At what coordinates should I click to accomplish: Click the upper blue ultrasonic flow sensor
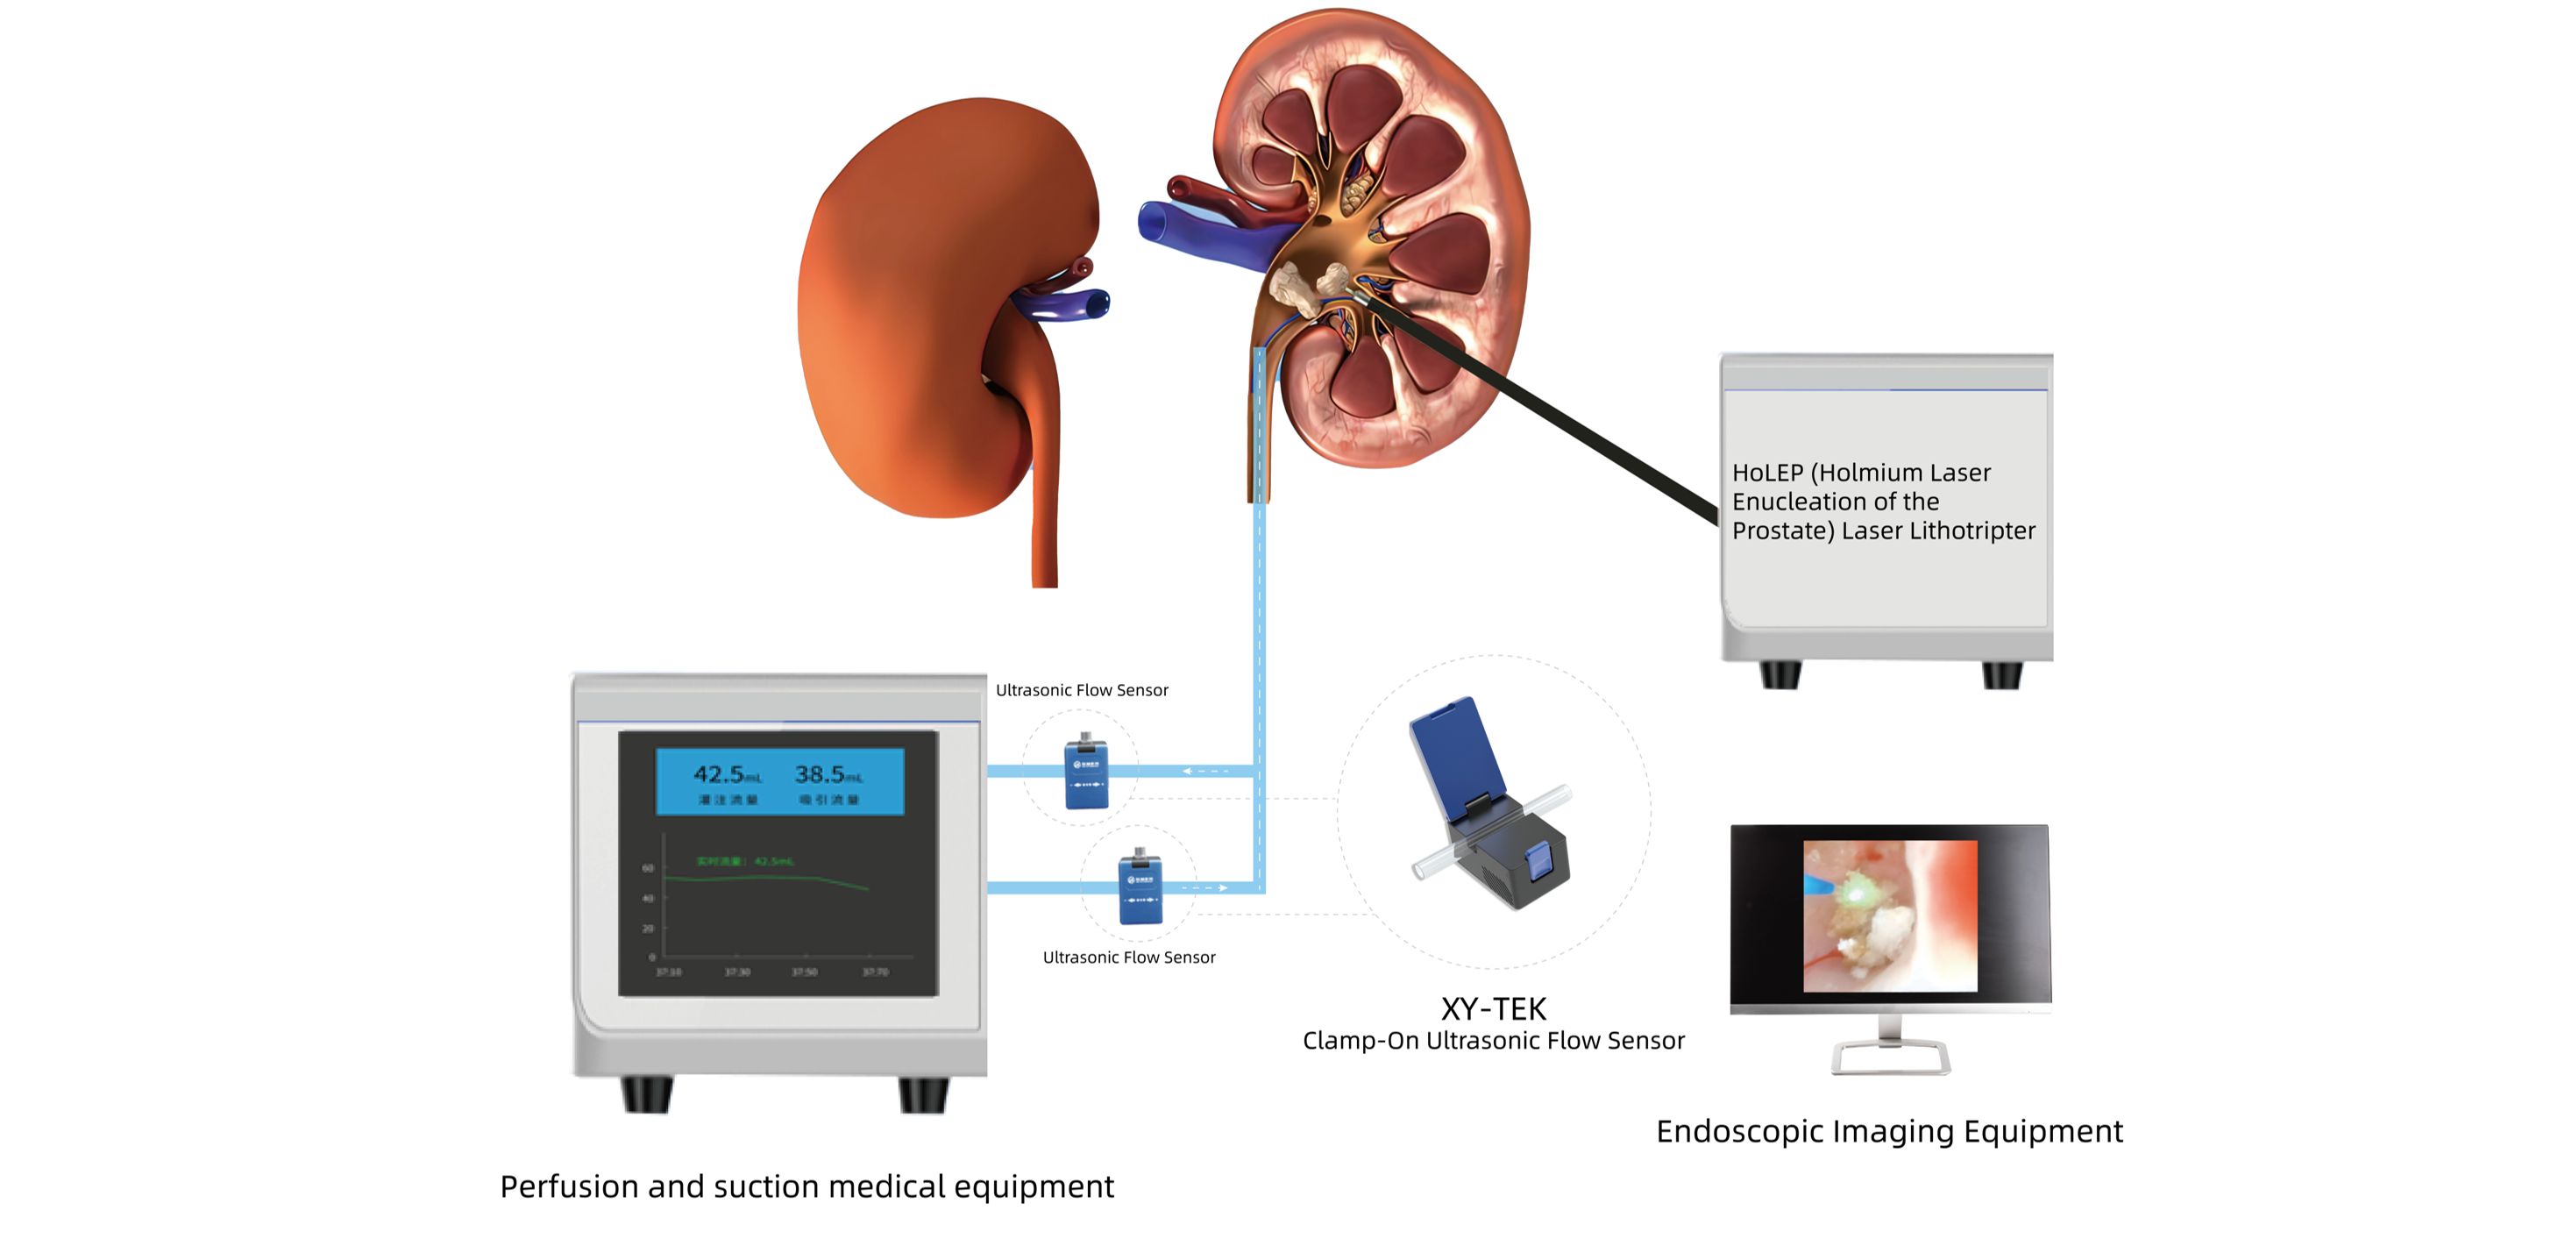click(x=1085, y=773)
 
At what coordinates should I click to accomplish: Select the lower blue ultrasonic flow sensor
click(x=1140, y=887)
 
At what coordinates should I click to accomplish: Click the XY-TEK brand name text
click(x=1493, y=1008)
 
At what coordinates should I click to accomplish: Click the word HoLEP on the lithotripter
click(x=1767, y=474)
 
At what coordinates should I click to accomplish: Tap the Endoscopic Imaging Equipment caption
click(x=1889, y=1131)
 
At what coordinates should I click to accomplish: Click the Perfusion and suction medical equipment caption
click(x=806, y=1186)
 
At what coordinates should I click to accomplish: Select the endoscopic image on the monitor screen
click(x=1889, y=915)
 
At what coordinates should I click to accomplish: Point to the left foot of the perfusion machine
click(x=646, y=1094)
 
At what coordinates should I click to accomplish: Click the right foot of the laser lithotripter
click(x=2001, y=676)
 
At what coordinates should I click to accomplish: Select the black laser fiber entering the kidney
click(x=1547, y=409)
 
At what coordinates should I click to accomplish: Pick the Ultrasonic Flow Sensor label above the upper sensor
click(x=1082, y=690)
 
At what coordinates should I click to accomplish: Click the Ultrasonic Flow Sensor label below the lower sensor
click(x=1128, y=958)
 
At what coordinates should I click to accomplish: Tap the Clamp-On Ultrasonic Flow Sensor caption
click(x=1493, y=1042)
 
